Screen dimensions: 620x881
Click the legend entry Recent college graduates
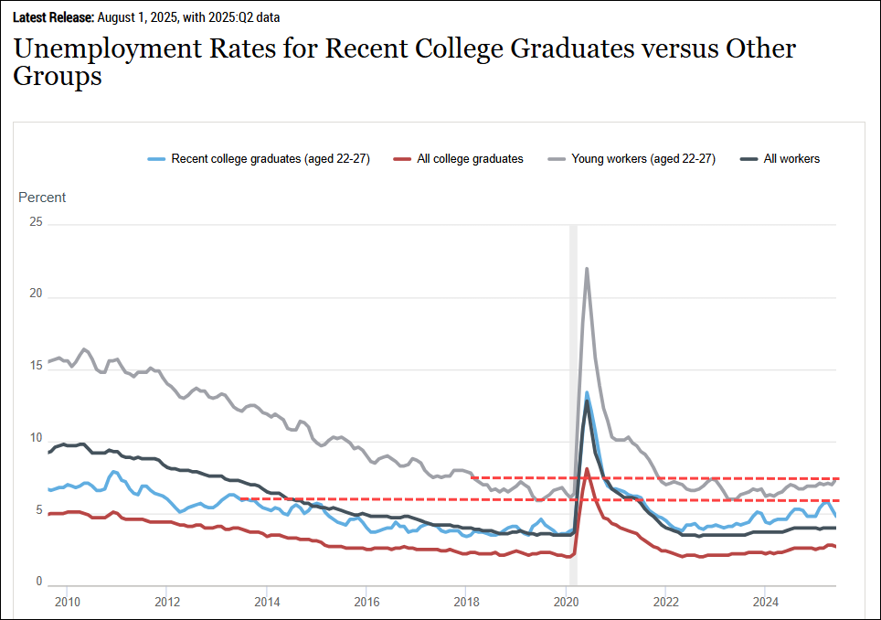pos(270,159)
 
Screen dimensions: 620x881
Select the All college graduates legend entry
pos(470,159)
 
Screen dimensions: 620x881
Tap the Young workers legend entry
pos(643,159)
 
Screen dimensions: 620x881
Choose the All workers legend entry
pos(791,159)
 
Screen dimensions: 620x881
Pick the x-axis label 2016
pos(366,602)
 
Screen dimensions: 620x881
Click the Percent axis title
pos(42,198)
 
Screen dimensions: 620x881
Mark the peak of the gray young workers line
pos(586,268)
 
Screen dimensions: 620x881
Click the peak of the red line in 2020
pos(586,469)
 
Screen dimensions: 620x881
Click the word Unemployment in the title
pos(109,48)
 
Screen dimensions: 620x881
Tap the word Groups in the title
pos(58,78)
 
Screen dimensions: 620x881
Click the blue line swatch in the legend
pos(156,159)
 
